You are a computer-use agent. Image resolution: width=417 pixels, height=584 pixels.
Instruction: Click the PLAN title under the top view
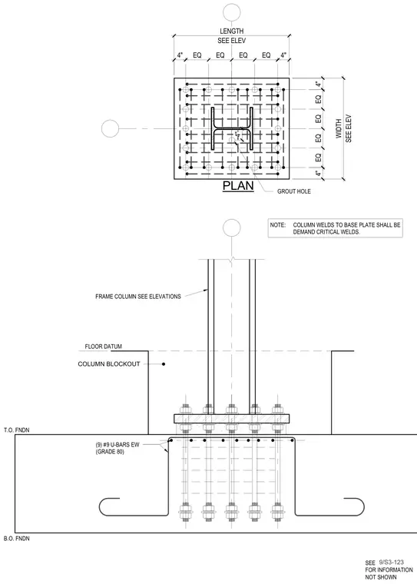point(238,185)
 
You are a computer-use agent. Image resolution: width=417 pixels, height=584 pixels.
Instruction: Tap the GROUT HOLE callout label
point(294,191)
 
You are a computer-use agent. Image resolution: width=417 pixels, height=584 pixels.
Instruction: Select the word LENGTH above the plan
point(232,32)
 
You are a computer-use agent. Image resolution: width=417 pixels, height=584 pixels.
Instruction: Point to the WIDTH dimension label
point(339,128)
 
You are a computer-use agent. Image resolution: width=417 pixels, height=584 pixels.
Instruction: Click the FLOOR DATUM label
point(103,347)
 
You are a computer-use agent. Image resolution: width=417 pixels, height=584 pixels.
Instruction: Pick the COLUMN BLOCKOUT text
point(109,364)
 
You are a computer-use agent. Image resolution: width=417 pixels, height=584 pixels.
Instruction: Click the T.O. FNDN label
point(17,430)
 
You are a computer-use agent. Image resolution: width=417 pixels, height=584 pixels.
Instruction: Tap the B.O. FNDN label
point(17,539)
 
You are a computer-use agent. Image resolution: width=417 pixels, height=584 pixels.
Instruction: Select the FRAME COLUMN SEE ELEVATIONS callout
point(138,297)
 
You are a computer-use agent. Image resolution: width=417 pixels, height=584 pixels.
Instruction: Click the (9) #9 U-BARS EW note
point(117,445)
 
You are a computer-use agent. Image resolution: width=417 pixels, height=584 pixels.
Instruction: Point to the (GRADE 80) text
point(110,452)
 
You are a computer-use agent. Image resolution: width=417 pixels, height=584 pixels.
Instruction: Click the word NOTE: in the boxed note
point(278,225)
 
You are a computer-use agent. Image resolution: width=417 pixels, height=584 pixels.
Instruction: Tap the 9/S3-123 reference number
point(392,562)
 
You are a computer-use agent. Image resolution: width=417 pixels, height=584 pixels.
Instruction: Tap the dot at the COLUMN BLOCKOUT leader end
point(164,364)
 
